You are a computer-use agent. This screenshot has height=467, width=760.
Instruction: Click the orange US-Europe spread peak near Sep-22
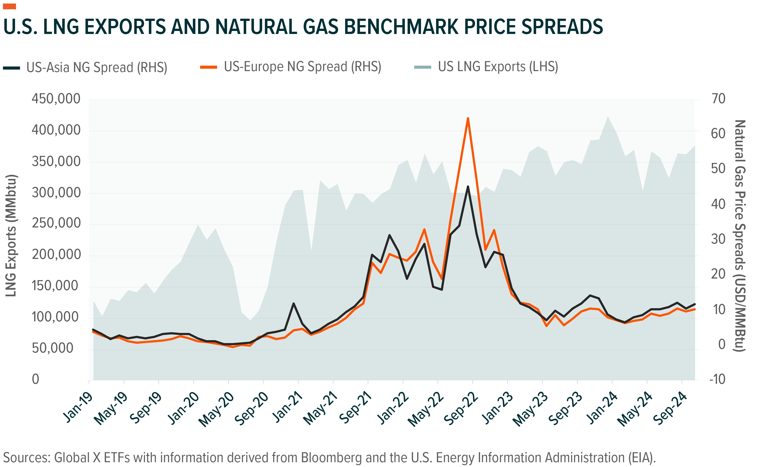click(468, 118)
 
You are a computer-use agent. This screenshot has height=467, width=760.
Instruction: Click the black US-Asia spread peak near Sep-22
click(468, 187)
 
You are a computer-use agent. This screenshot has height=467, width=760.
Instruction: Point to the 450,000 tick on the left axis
click(56, 99)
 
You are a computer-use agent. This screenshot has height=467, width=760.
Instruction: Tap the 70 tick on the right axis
click(718, 99)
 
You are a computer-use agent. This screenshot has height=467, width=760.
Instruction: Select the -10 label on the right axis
click(717, 379)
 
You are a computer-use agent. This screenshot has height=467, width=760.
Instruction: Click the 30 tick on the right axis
click(718, 239)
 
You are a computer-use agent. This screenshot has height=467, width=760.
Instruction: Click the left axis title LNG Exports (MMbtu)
click(11, 236)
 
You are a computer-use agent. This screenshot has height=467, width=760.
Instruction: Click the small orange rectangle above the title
click(9, 6)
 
